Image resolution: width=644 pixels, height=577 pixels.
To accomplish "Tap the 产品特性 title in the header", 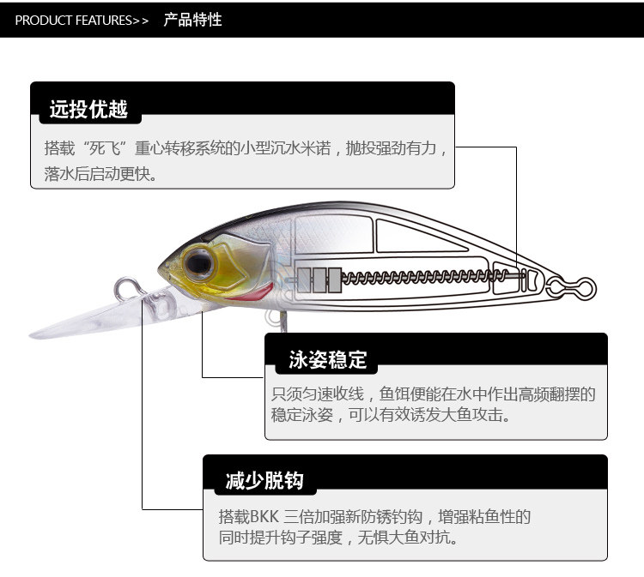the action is click(193, 19).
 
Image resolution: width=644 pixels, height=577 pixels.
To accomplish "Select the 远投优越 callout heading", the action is click(88, 109).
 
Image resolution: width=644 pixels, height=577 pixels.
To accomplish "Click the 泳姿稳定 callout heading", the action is click(327, 360).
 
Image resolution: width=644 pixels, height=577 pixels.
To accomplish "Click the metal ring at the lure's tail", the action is click(574, 279).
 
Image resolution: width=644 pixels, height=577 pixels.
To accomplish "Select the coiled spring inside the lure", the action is click(429, 277).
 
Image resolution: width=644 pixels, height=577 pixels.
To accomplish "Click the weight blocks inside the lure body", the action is click(314, 279).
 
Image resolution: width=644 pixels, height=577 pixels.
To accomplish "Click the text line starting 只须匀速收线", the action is click(433, 394).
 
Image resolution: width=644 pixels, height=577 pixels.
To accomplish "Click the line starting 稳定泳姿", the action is click(391, 416).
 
